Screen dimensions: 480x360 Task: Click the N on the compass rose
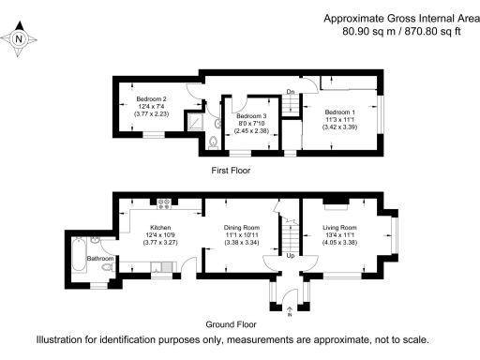pos(19,39)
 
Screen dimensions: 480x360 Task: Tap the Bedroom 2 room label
pos(151,99)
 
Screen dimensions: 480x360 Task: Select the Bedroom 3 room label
pos(251,116)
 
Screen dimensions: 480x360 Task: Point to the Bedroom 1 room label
pos(339,112)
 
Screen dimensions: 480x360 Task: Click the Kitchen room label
pos(160,228)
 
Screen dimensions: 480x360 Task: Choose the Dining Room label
pos(242,228)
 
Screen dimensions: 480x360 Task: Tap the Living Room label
pos(339,228)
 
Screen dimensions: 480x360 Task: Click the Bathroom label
pos(100,259)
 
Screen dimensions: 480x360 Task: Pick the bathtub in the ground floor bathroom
pos(80,255)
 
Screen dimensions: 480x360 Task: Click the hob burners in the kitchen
pos(164,204)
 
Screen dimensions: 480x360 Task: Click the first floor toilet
pos(214,142)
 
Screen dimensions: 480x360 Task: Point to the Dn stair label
pos(291,92)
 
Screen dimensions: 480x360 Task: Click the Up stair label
pos(291,256)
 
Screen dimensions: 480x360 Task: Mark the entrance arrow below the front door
pos(290,309)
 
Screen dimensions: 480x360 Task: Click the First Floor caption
pos(231,171)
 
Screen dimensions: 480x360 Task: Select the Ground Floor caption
pos(231,324)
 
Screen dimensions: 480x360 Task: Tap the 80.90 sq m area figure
pos(369,31)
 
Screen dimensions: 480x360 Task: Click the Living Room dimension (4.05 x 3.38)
pos(339,242)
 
